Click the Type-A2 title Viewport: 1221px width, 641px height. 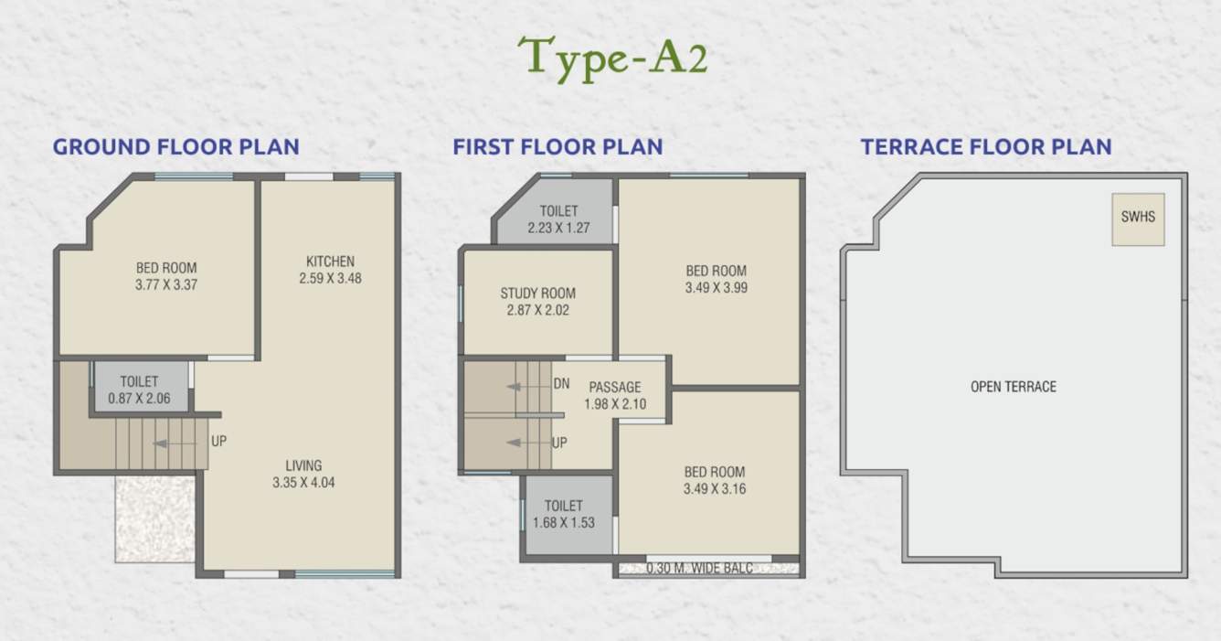[x=611, y=59]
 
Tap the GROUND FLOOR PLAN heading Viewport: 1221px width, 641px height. [x=175, y=146]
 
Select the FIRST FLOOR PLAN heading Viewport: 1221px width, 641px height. [x=557, y=146]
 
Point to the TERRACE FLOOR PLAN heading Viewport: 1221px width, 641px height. [x=986, y=146]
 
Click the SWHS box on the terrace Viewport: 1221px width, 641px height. [x=1138, y=219]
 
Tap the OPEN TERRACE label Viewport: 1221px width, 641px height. [x=1013, y=387]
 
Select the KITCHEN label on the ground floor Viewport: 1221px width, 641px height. [x=330, y=262]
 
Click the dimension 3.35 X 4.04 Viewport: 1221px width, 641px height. [x=303, y=483]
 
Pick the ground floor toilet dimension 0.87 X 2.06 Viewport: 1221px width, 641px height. [x=139, y=398]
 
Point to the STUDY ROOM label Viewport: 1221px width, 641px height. [x=537, y=294]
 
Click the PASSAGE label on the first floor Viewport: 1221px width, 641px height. [x=614, y=388]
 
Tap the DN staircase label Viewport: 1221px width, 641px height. [x=561, y=384]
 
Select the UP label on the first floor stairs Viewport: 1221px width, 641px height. [x=559, y=443]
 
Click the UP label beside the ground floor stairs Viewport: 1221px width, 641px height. [x=219, y=441]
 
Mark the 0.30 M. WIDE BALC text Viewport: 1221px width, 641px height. [x=700, y=568]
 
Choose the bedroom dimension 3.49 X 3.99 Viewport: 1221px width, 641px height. [x=716, y=288]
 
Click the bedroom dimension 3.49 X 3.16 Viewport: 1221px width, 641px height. [x=715, y=489]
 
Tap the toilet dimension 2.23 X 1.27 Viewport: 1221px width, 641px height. [x=558, y=228]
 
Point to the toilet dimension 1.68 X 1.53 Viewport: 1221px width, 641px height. [x=564, y=522]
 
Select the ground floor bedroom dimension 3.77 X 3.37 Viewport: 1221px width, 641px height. [x=166, y=284]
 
